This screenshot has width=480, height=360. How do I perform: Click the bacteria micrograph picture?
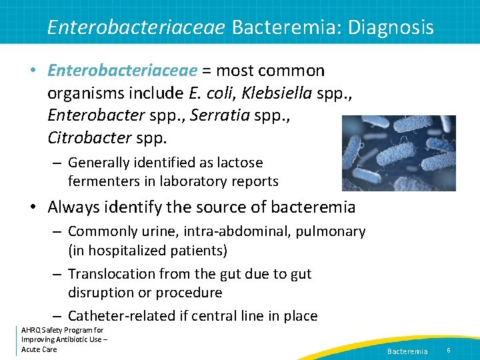(x=399, y=153)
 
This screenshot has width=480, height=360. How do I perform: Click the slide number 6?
(x=449, y=350)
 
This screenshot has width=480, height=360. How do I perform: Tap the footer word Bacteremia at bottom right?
(x=407, y=351)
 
